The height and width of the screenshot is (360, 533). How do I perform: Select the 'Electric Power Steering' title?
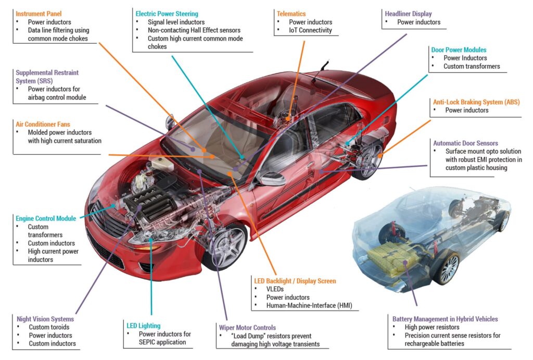[167, 14]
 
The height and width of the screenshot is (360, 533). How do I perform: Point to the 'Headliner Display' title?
[408, 14]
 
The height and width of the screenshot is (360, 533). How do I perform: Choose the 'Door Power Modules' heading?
[459, 49]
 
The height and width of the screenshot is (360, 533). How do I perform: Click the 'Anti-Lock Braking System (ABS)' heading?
[476, 102]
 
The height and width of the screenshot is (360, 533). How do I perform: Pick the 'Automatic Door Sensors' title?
[465, 143]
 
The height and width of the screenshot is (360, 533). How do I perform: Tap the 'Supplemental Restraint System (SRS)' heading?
[47, 77]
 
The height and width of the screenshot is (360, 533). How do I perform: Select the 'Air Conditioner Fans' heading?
[43, 124]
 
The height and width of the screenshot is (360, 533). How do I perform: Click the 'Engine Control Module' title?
[46, 218]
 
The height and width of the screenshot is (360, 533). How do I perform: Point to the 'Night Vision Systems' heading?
[45, 319]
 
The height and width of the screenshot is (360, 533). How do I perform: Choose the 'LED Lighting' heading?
[144, 326]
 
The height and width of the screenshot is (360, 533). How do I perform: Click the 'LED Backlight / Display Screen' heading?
[295, 281]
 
